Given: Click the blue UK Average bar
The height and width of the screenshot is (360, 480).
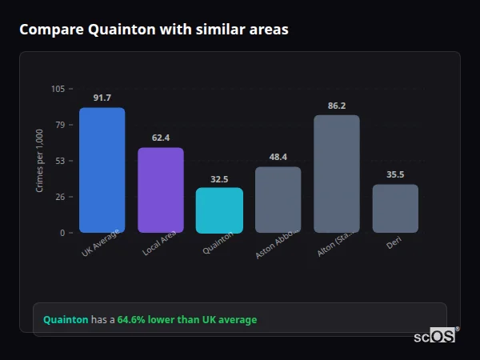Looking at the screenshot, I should tap(102, 170).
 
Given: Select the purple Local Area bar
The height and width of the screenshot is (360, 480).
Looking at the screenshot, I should tap(161, 190).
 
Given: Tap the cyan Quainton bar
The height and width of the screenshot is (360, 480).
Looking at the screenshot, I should tap(219, 210).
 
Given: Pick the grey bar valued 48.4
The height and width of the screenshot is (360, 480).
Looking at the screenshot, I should tap(278, 199).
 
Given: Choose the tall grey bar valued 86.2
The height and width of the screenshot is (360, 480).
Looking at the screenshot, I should tap(336, 174).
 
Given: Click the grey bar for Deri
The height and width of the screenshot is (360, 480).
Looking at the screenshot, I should tap(395, 208).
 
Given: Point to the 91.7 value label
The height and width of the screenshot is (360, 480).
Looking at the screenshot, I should tap(102, 98).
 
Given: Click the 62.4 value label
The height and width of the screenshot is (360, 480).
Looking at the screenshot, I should tap(161, 138).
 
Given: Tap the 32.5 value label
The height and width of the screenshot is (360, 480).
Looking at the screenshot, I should tap(219, 178).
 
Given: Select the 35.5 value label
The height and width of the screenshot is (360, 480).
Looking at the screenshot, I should tap(395, 174).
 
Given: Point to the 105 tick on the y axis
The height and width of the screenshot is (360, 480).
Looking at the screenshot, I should tap(58, 89).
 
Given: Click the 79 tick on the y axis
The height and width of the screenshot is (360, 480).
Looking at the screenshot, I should tap(60, 125).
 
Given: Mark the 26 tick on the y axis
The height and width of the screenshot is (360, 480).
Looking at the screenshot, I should tap(60, 197).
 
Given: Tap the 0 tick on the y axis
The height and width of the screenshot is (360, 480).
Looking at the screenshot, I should tap(62, 233).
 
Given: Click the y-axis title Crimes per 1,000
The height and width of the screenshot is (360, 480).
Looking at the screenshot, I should tap(39, 161).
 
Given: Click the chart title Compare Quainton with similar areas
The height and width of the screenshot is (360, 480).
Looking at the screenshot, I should tap(154, 30).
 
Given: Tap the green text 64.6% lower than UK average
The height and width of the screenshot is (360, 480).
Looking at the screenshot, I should tap(187, 320).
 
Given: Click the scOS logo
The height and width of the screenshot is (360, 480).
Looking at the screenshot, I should tap(435, 337).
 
